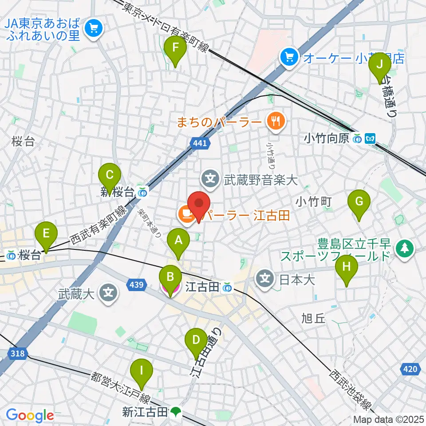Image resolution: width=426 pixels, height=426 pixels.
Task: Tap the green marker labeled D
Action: [196, 342]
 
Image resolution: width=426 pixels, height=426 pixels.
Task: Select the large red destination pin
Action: [199, 205]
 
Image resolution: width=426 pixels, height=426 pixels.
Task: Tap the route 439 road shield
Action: [135, 285]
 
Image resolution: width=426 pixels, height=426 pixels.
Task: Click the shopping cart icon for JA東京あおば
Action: [94, 28]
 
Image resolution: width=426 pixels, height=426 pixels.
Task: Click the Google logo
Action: [30, 416]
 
